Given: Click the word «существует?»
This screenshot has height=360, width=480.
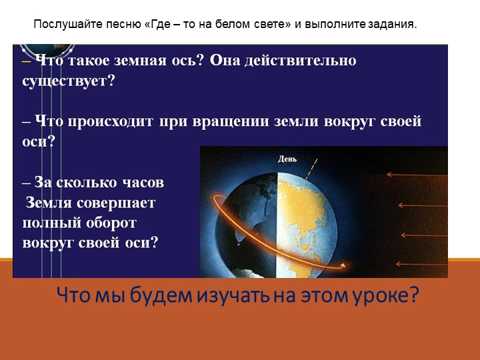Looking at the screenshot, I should tap(69, 80).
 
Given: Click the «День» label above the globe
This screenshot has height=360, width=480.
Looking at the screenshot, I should tap(287, 159).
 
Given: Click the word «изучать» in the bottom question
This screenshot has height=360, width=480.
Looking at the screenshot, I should tap(225, 295).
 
